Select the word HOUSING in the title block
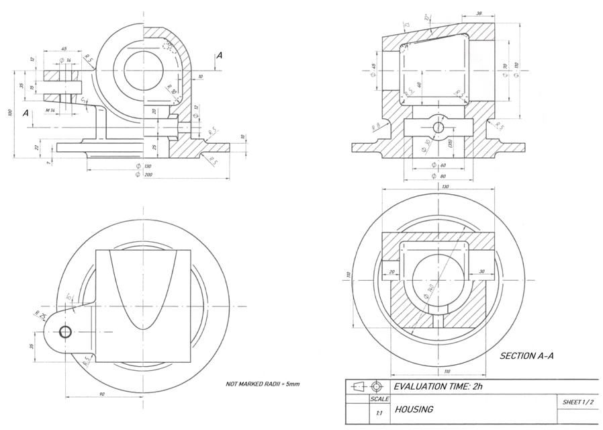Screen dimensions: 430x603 coord(414,409)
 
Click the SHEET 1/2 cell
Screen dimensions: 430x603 coord(578,402)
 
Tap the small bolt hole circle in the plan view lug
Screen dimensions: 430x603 coord(66,332)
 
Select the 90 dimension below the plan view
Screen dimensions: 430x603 coord(102,394)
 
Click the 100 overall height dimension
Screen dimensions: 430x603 coord(10,113)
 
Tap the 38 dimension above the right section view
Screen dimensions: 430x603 coord(478,13)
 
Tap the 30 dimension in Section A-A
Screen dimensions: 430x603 coord(481,271)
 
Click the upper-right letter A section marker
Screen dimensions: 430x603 coord(220,58)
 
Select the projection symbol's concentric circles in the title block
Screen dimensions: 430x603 coord(375,386)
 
